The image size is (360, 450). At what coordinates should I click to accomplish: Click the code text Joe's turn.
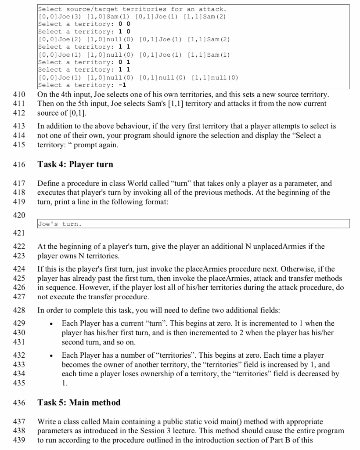[59, 224]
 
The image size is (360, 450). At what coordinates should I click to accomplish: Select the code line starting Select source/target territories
[132, 9]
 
